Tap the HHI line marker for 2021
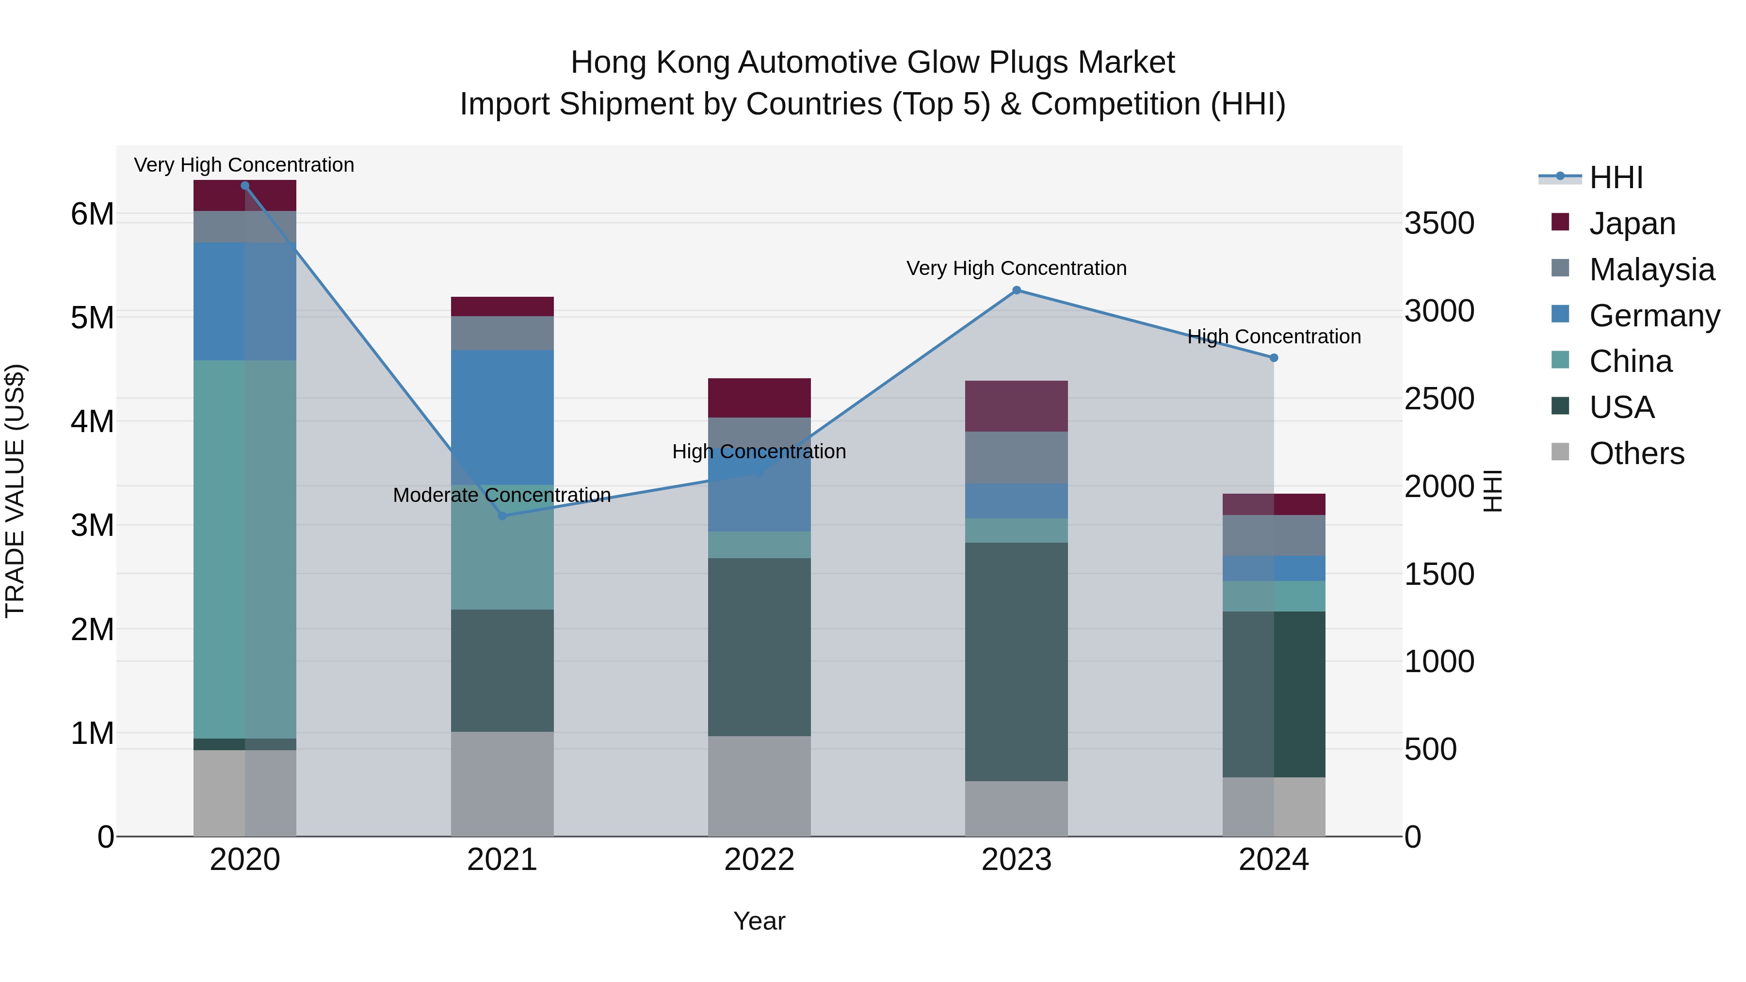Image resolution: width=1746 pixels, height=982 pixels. [x=502, y=516]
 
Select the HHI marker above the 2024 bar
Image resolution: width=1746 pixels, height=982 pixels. [x=1274, y=358]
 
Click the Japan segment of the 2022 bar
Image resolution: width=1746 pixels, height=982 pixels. [x=759, y=398]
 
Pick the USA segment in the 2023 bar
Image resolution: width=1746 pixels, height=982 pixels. [x=1016, y=661]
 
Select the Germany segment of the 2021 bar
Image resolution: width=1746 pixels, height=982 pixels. [x=502, y=417]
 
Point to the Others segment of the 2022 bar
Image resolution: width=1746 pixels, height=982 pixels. [x=759, y=786]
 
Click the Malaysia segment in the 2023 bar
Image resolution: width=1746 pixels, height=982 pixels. [x=1016, y=457]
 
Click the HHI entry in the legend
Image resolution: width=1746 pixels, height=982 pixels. [x=1616, y=177]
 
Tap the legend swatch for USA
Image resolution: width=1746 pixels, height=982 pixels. [x=1560, y=407]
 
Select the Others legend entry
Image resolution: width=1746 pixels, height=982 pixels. [x=1636, y=453]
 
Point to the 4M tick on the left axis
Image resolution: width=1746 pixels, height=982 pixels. [x=92, y=421]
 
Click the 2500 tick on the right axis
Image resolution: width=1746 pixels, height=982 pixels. [x=1439, y=399]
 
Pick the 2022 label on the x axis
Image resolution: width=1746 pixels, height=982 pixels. [x=759, y=860]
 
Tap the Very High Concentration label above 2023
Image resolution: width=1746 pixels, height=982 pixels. [x=1016, y=268]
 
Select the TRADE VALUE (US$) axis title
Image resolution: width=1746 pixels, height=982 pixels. [x=15, y=491]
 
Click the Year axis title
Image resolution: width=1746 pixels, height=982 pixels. [x=759, y=921]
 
